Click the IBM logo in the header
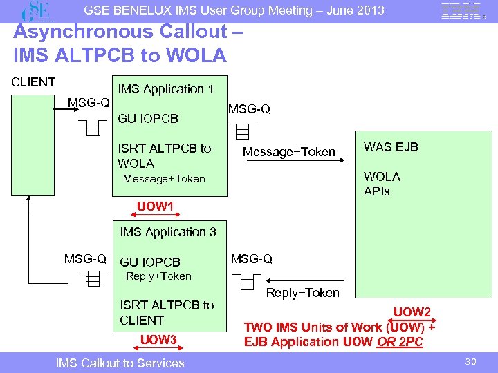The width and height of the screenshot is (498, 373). tap(461, 12)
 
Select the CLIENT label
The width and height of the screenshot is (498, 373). tap(33, 82)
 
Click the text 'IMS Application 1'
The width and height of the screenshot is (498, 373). tap(166, 89)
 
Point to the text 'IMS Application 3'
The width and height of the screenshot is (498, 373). tap(168, 232)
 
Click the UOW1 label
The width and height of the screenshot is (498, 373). tap(155, 207)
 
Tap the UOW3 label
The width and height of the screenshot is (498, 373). tap(159, 339)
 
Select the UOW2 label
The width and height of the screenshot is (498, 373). tap(412, 312)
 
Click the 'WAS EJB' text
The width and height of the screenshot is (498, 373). tap(391, 147)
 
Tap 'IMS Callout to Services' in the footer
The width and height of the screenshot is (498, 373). tap(120, 363)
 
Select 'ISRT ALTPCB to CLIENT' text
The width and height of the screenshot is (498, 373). tap(167, 312)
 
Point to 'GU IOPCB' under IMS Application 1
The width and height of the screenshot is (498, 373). tap(149, 118)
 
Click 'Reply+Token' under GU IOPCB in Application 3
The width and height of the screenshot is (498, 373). tap(158, 276)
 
